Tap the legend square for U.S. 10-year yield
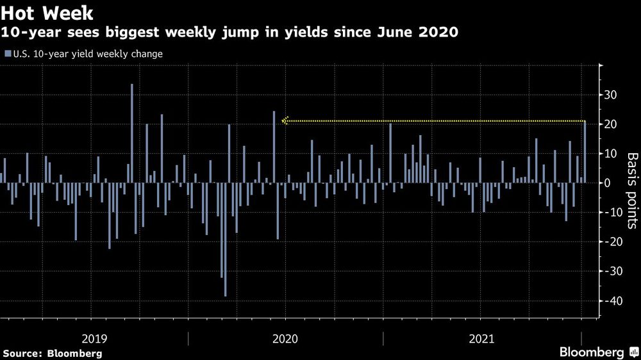click(8, 54)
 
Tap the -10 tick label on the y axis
click(610, 212)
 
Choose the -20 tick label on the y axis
click(610, 241)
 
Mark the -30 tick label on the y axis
click(610, 271)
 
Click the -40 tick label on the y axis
click(610, 300)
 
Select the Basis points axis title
click(631, 191)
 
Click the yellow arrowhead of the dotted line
click(285, 120)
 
